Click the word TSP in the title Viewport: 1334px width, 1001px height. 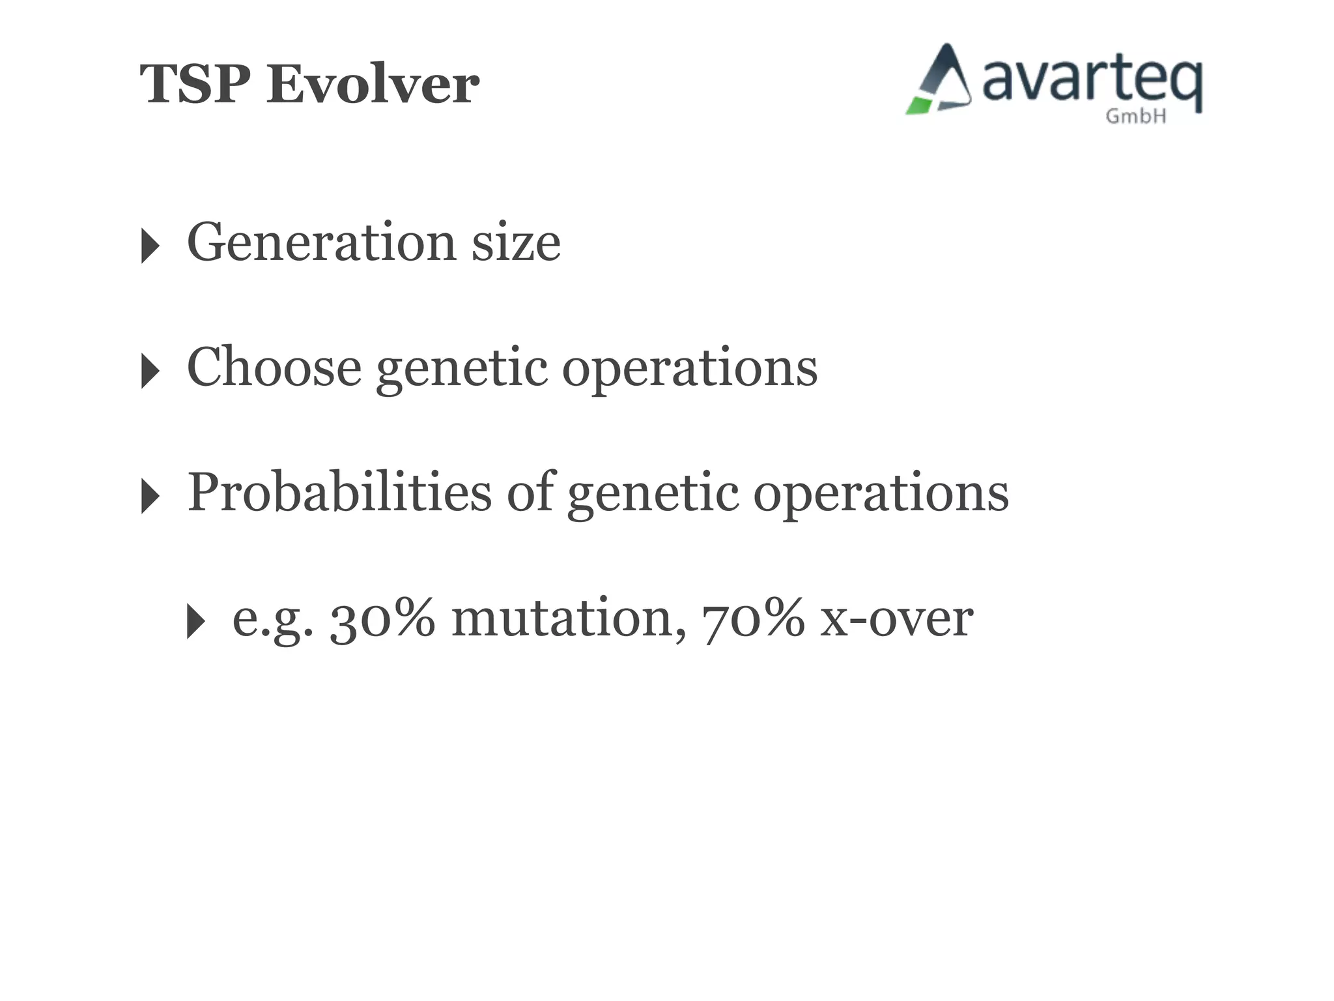pos(195,85)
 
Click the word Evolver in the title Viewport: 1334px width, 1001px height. pos(373,85)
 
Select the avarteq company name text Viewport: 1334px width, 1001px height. pos(1091,81)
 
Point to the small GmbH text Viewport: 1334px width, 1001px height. pos(1135,117)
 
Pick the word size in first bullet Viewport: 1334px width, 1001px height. pos(516,242)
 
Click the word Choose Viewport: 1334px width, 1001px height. pos(274,368)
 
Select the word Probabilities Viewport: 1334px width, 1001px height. pos(339,493)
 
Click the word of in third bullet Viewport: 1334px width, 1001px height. pos(530,493)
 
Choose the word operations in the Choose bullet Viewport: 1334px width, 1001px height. pos(689,369)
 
